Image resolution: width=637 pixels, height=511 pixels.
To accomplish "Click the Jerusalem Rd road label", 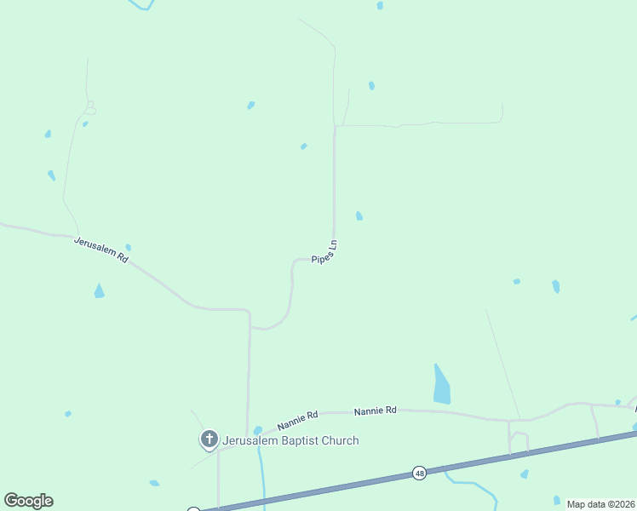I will [x=100, y=250].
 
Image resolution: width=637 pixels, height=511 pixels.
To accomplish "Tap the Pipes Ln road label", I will [x=324, y=251].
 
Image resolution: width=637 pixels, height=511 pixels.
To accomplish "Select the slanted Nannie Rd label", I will [x=297, y=420].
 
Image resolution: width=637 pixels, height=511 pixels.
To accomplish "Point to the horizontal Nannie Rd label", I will [x=376, y=411].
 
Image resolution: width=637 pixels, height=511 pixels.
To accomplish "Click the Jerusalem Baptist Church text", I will [x=290, y=440].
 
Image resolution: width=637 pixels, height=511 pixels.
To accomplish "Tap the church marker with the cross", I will [x=209, y=439].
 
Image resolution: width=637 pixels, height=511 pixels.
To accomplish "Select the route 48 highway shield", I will [x=419, y=473].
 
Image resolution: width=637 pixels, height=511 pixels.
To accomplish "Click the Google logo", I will [x=28, y=501].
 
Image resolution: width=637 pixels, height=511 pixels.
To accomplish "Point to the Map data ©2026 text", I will [x=600, y=504].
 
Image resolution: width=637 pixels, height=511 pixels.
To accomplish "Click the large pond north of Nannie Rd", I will [x=440, y=386].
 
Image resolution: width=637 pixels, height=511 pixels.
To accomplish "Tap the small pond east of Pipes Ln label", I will [x=359, y=215].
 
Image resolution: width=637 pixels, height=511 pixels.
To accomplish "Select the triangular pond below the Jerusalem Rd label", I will [x=100, y=291].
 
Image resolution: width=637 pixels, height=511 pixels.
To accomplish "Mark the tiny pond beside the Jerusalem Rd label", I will [x=128, y=248].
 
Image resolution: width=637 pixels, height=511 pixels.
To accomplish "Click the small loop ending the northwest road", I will [x=89, y=109].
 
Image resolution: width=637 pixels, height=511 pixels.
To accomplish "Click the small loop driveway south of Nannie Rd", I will [x=519, y=440].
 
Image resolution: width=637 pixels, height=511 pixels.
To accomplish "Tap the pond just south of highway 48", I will [x=525, y=474].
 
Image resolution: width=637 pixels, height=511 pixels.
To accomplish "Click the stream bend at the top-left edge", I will [x=142, y=6].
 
